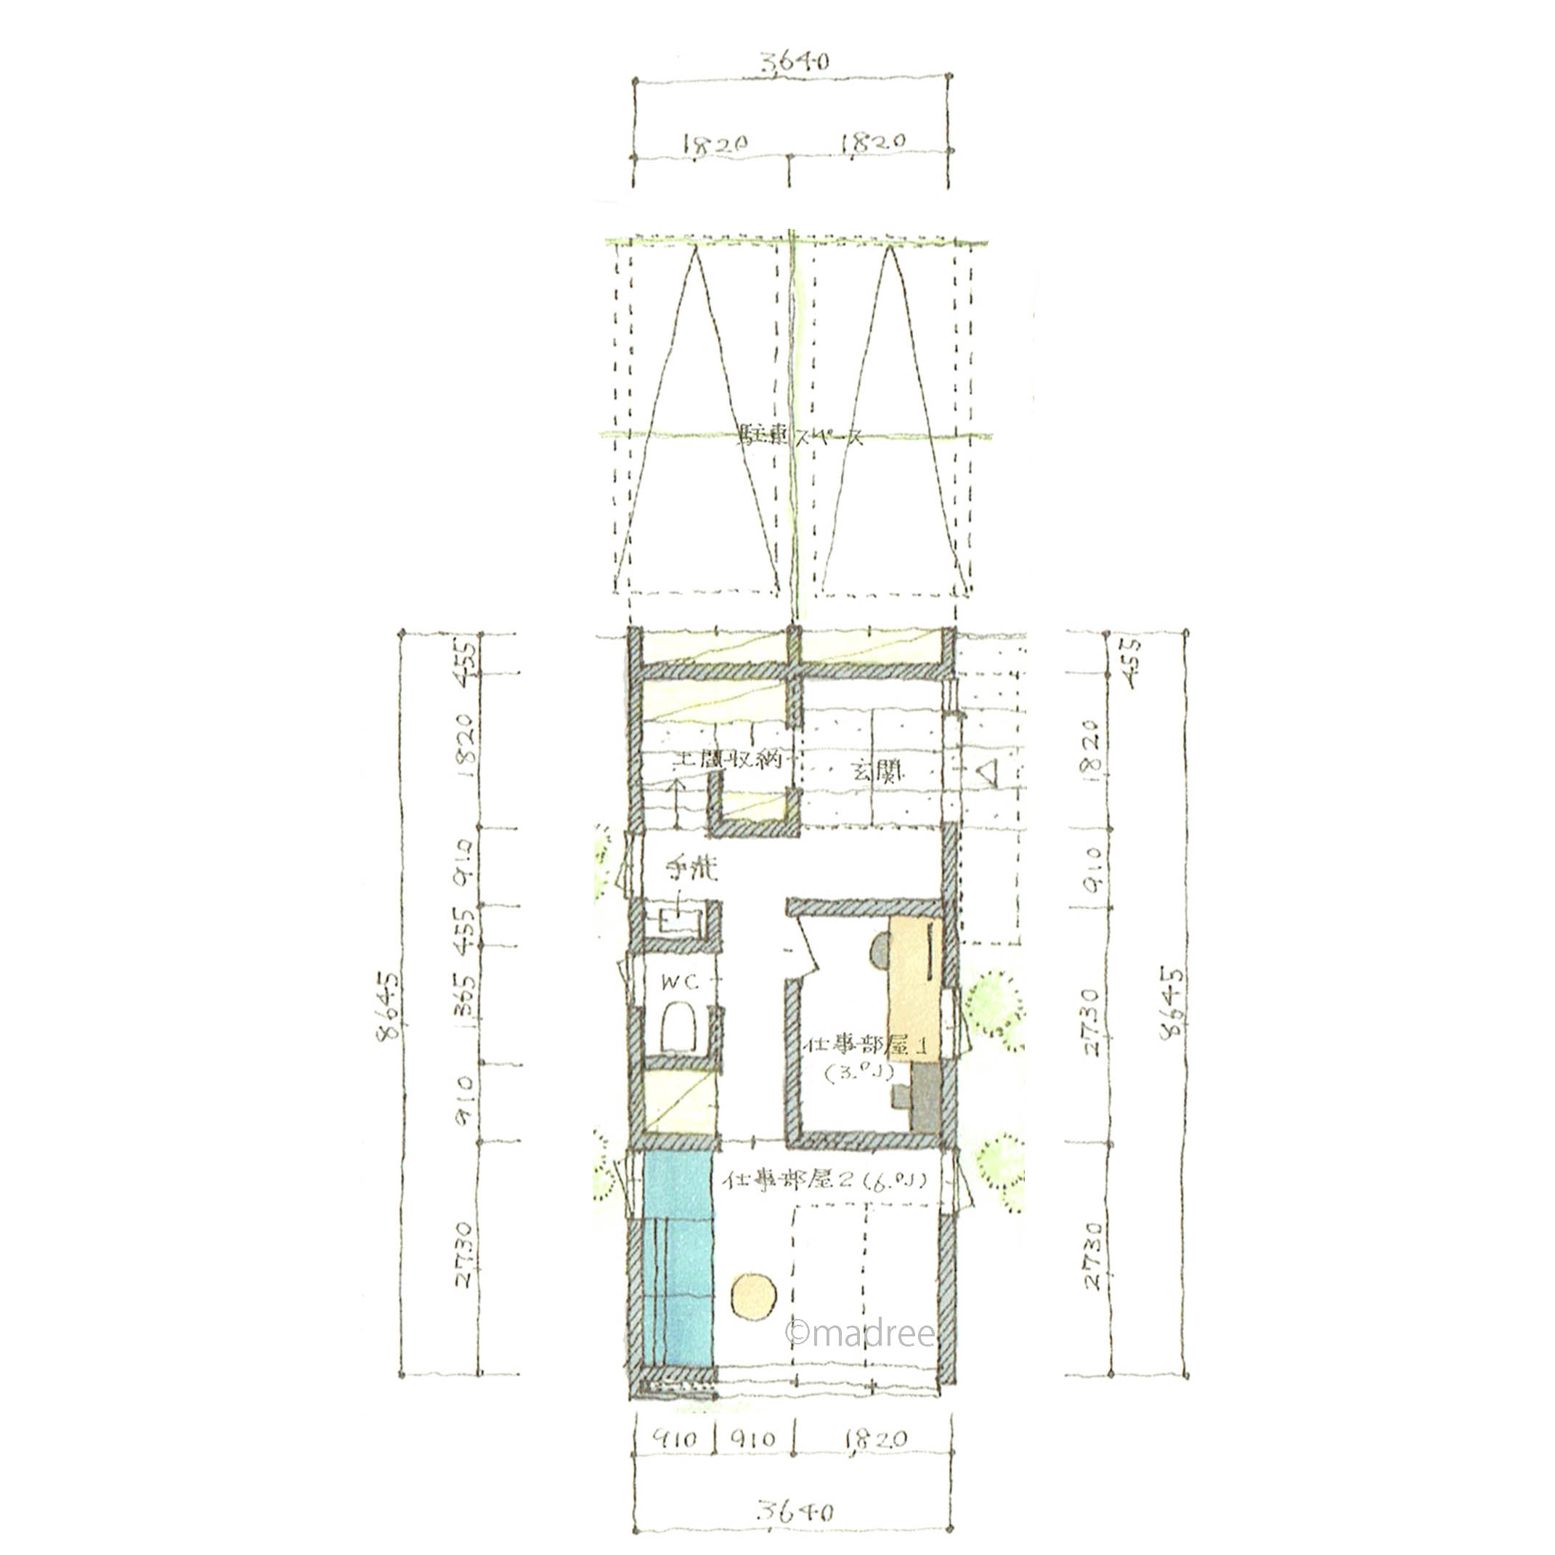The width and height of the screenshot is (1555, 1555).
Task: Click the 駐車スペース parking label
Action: point(800,437)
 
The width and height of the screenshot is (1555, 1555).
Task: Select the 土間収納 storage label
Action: point(728,760)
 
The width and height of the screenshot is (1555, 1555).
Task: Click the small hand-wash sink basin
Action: point(674,921)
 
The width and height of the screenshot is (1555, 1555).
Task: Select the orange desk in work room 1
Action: point(915,990)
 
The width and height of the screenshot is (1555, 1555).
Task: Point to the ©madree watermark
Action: point(860,1333)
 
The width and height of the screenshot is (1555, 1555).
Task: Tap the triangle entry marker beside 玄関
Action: point(988,773)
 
